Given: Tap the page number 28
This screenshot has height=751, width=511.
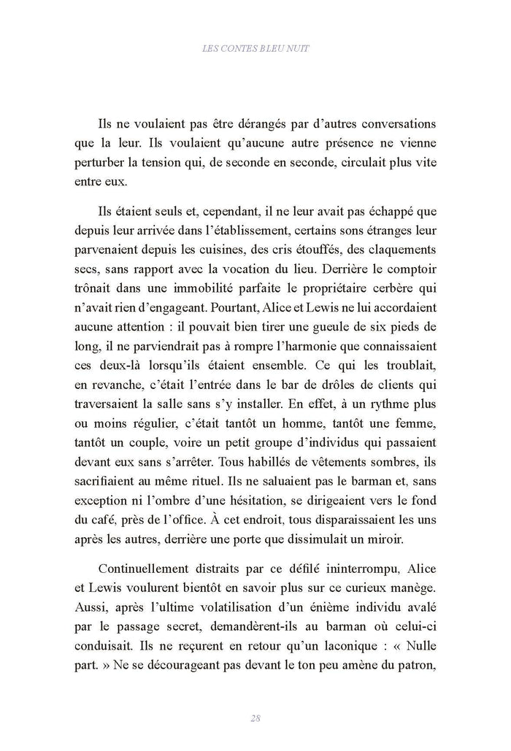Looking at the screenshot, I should [255, 717].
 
